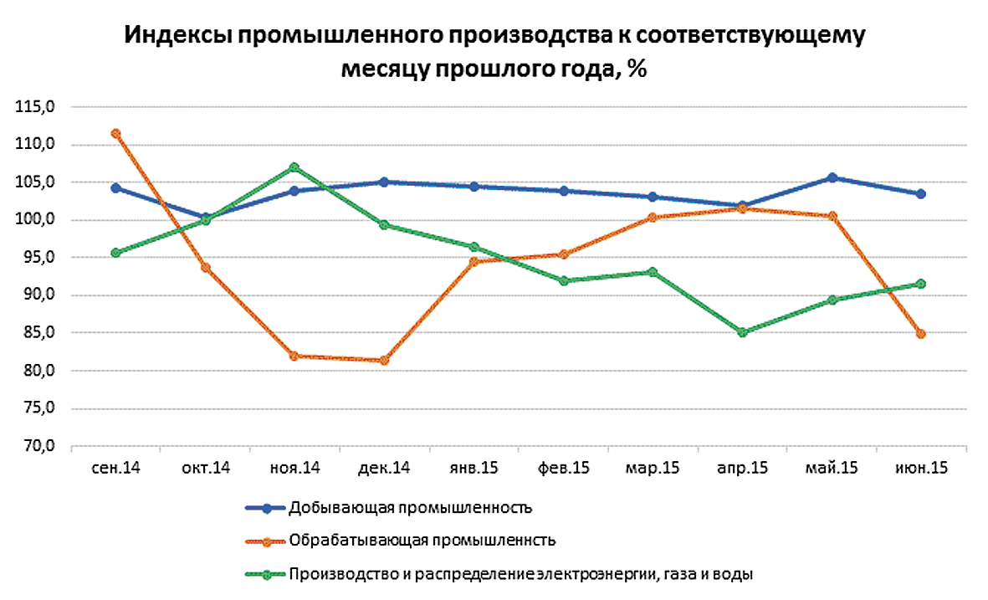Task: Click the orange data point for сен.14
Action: [115, 133]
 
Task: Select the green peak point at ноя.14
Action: [294, 167]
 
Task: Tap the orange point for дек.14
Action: [384, 361]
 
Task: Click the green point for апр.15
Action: [742, 332]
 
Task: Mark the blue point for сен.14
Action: [115, 187]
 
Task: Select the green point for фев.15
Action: [563, 280]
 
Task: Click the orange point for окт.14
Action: [205, 268]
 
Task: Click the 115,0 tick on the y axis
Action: [37, 107]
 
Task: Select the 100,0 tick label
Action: [37, 220]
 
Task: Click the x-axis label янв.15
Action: [474, 469]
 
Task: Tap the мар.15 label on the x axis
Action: [653, 469]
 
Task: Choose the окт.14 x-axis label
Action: [205, 469]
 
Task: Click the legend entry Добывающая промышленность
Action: [410, 508]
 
